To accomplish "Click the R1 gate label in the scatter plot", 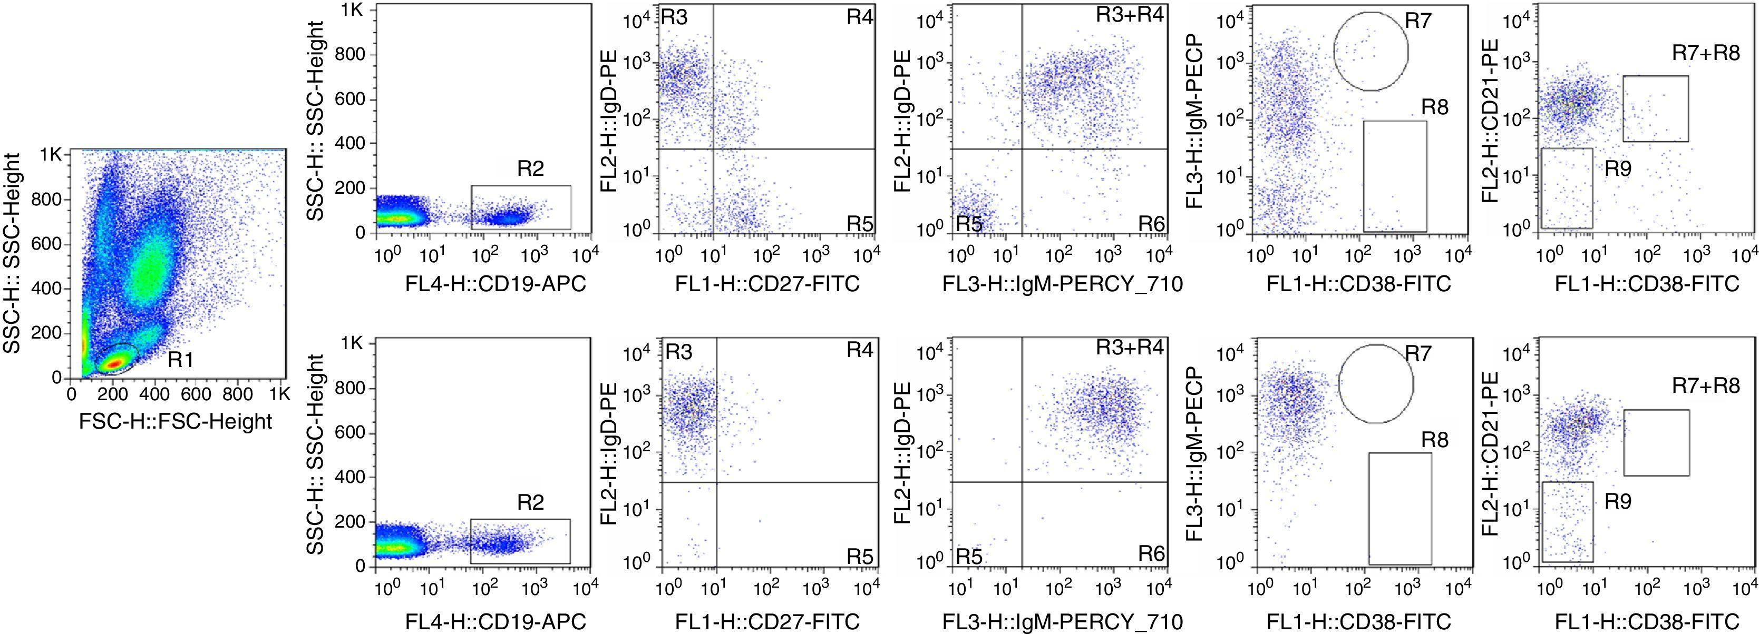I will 181,360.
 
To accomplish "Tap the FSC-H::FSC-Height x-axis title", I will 176,421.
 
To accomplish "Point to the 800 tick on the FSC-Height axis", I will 238,394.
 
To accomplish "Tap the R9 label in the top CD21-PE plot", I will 1618,169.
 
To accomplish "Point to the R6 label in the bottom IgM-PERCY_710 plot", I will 1151,553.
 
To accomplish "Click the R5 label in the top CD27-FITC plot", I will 860,224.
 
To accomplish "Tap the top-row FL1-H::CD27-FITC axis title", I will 767,284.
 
